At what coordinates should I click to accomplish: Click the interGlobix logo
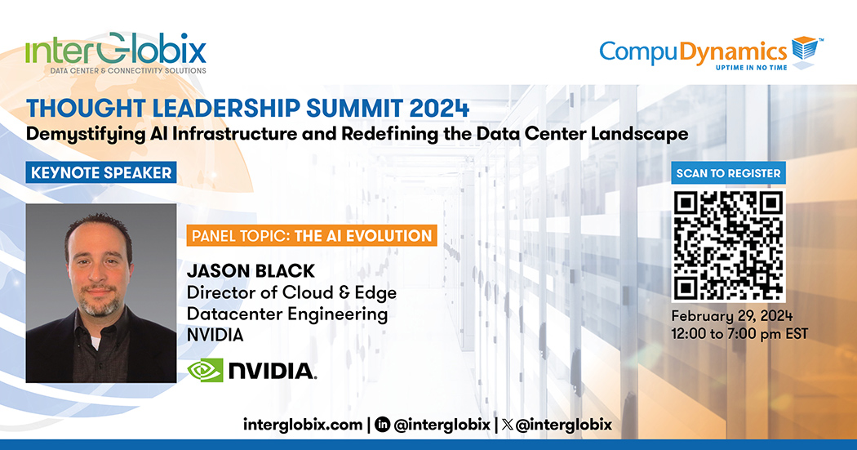click(x=116, y=53)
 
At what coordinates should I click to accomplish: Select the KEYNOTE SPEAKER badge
click(x=101, y=173)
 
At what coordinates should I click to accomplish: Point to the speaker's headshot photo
click(x=101, y=293)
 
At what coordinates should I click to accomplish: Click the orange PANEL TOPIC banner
click(x=312, y=236)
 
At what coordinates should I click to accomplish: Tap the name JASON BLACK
click(x=251, y=271)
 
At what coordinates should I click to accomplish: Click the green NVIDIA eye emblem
click(x=205, y=370)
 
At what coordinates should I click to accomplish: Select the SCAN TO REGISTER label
click(x=729, y=173)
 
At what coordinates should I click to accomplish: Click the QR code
click(x=729, y=246)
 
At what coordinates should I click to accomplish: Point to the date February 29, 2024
click(x=732, y=317)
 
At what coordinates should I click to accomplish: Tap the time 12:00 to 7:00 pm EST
click(x=739, y=334)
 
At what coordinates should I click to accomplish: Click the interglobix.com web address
click(x=303, y=425)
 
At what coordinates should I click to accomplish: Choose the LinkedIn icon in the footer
click(x=383, y=425)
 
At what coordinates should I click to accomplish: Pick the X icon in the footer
click(x=507, y=425)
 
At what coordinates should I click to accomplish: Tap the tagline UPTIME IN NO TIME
click(x=752, y=67)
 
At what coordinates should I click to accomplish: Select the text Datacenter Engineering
click(x=287, y=314)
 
